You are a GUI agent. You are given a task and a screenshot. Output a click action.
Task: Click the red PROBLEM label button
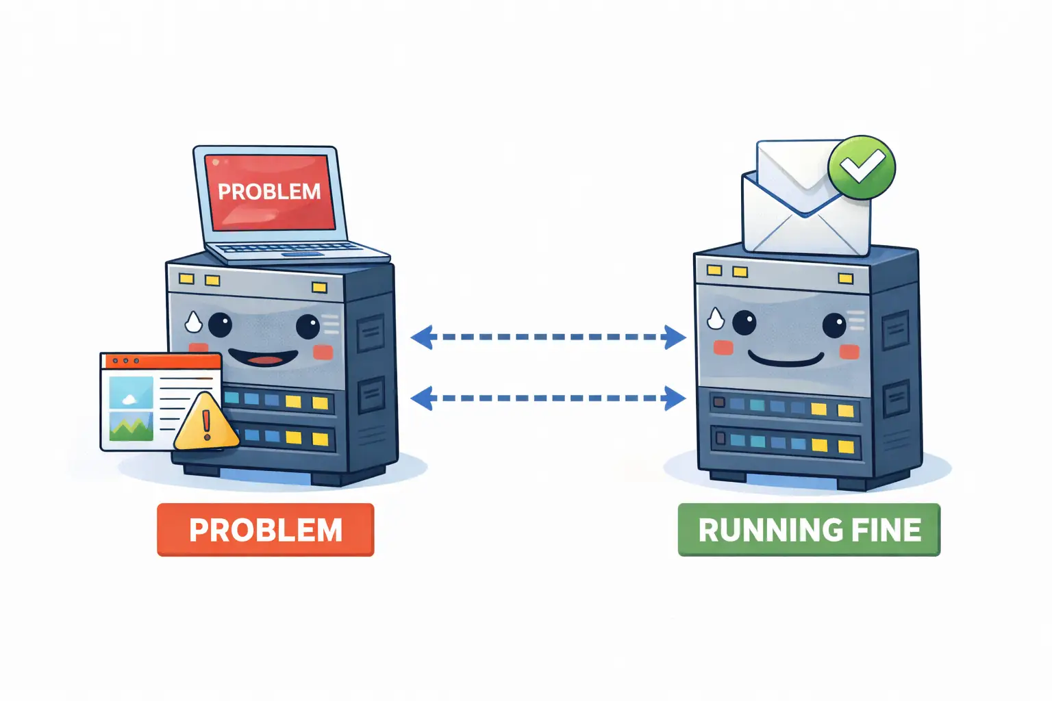tap(265, 530)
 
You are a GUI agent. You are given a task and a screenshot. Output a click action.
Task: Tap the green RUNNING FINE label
tap(809, 530)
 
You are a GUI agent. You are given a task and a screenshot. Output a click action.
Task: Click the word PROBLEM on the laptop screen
tap(269, 191)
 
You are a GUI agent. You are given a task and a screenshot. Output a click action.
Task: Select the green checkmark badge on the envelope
tap(861, 167)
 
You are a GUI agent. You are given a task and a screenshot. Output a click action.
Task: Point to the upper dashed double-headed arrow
tap(548, 337)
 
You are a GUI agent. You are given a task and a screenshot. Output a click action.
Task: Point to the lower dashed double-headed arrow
tap(548, 398)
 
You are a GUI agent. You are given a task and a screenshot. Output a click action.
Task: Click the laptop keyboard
tap(288, 248)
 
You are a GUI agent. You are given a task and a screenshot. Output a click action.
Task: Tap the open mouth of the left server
tap(263, 358)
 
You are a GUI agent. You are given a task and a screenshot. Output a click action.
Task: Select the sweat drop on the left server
tap(194, 321)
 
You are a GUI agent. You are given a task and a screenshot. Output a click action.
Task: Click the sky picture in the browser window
tap(131, 392)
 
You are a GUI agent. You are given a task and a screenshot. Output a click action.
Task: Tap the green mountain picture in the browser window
tap(131, 426)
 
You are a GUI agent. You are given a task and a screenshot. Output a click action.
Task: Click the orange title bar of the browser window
tap(161, 361)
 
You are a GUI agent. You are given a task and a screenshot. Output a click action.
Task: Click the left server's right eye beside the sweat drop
tap(220, 324)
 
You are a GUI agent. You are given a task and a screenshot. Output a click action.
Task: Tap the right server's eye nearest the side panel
tap(834, 325)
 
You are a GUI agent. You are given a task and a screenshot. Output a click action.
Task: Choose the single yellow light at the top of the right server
tap(845, 278)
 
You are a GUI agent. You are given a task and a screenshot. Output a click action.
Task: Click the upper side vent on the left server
tap(371, 335)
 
